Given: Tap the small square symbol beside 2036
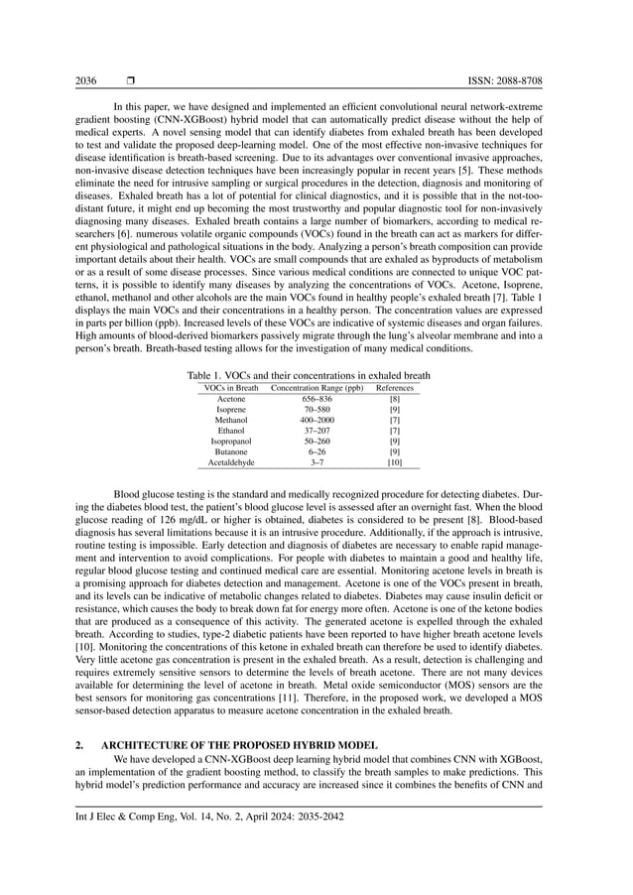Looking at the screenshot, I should coord(130,79).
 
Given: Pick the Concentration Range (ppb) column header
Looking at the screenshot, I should coord(311,388).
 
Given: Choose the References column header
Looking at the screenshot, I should coord(394,388).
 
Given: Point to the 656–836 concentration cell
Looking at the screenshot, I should coord(311,399).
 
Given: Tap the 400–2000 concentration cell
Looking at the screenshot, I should coord(311,421).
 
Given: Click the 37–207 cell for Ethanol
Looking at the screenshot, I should coord(311,432).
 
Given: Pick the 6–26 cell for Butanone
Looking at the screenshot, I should coord(311,452).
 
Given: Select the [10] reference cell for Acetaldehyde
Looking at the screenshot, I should coord(394,463).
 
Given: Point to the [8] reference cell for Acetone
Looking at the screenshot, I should coord(394,399).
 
